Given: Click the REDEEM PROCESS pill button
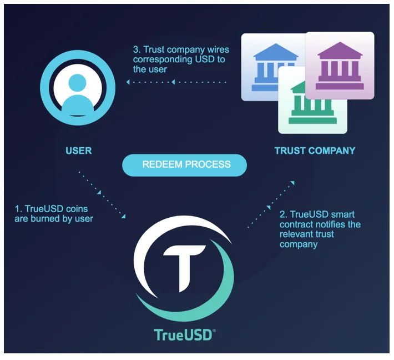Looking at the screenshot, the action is [x=184, y=165].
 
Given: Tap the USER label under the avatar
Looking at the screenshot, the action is [x=79, y=151].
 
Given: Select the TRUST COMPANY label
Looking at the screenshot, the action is [x=315, y=151].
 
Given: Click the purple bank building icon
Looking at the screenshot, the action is [x=340, y=66].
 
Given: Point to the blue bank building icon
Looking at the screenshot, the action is [x=266, y=67].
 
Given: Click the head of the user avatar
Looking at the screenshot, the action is [x=77, y=83].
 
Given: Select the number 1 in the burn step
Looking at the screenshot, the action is [x=18, y=209].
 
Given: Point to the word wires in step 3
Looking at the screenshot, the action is [x=218, y=49].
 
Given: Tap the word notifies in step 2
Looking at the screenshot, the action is [x=332, y=224].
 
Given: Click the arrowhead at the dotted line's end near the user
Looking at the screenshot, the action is [x=128, y=82].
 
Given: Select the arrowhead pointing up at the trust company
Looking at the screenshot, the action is [x=292, y=183].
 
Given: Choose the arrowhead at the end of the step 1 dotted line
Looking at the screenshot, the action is [x=123, y=216].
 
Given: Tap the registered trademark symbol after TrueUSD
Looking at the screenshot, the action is [x=214, y=331].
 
